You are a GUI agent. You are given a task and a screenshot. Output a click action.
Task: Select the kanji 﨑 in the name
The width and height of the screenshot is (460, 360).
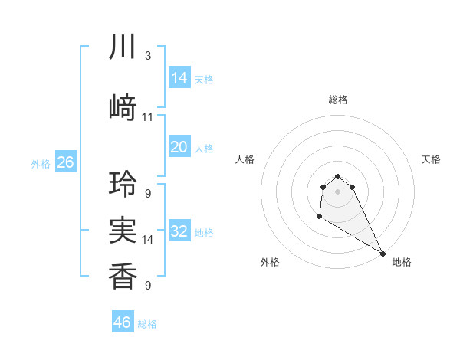pos(123,108)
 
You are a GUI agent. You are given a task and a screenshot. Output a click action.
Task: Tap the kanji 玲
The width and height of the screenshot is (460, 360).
pos(123,185)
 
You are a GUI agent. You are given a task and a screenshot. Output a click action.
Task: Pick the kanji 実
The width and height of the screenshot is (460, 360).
pos(123,231)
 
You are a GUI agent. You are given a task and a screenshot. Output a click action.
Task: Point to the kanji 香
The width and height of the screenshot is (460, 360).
pos(123,275)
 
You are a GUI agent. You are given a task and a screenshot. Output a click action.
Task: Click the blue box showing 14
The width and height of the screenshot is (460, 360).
pos(179,77)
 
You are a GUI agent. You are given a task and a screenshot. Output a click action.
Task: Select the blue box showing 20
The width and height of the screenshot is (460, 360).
pos(179,147)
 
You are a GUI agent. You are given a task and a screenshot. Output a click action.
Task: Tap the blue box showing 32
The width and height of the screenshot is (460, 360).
pos(179,231)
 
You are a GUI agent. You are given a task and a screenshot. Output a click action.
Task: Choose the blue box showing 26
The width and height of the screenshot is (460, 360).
pos(65,162)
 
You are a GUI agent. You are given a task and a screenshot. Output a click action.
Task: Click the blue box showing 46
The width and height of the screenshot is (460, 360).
pos(123,322)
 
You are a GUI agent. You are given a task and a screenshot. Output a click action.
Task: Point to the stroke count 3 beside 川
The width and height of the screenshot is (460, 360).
pos(147,56)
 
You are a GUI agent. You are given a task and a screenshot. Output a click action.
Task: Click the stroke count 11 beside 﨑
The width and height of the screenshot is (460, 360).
pos(148,117)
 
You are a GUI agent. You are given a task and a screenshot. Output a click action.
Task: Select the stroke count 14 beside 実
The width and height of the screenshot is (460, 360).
pos(148,240)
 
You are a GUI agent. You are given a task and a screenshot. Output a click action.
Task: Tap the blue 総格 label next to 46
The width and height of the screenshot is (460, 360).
pos(147,324)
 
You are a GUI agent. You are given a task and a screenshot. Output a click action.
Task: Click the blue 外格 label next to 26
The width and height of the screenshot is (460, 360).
pos(40,164)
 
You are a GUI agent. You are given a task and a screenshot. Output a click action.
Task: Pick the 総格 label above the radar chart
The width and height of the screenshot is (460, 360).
pos(338,100)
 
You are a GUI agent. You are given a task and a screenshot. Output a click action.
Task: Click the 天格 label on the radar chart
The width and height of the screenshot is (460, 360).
pos(431,159)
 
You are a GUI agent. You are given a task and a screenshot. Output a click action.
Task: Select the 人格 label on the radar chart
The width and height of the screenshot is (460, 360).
pos(245,159)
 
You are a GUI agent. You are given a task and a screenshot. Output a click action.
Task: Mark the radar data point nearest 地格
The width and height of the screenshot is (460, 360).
pos(383,254)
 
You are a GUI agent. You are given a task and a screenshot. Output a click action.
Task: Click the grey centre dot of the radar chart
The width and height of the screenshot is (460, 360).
pos(338,191)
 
